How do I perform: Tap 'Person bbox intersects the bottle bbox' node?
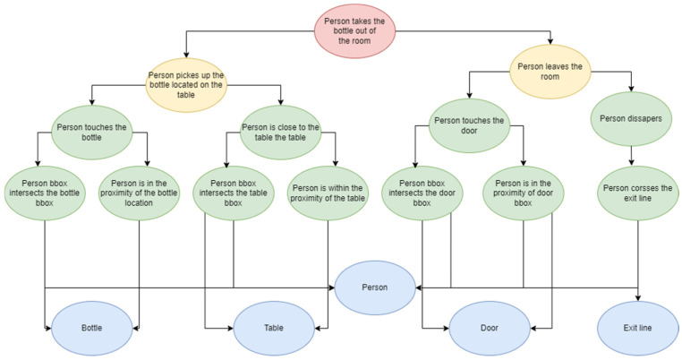pyautogui.click(x=44, y=190)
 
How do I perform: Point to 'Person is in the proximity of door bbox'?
pyautogui.click(x=524, y=190)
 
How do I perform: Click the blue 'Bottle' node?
pyautogui.click(x=90, y=329)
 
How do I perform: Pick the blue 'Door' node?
pyautogui.click(x=488, y=329)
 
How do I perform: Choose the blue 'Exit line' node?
pyautogui.click(x=638, y=329)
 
